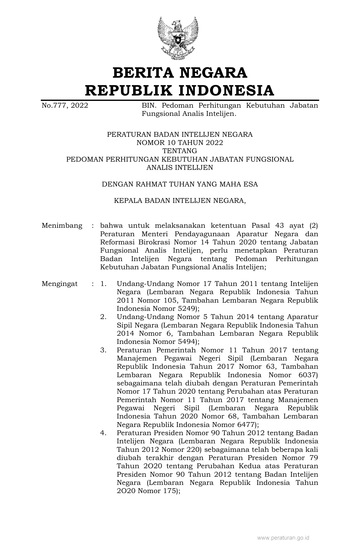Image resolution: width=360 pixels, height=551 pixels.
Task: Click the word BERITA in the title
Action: (143, 73)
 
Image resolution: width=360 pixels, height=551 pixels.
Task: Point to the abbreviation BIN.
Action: (148, 106)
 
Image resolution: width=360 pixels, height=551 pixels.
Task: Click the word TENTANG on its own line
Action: (180, 151)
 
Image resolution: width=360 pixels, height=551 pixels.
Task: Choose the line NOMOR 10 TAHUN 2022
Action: (180, 143)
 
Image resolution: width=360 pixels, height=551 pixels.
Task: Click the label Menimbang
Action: (62, 226)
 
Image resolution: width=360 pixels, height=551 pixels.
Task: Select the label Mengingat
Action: (60, 284)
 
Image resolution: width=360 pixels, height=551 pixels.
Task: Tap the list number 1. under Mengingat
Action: (103, 284)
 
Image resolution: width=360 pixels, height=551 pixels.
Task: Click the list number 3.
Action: (103, 350)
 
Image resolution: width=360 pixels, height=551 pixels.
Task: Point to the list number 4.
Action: (103, 433)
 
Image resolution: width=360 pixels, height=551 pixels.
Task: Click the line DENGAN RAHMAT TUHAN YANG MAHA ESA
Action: (180, 185)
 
